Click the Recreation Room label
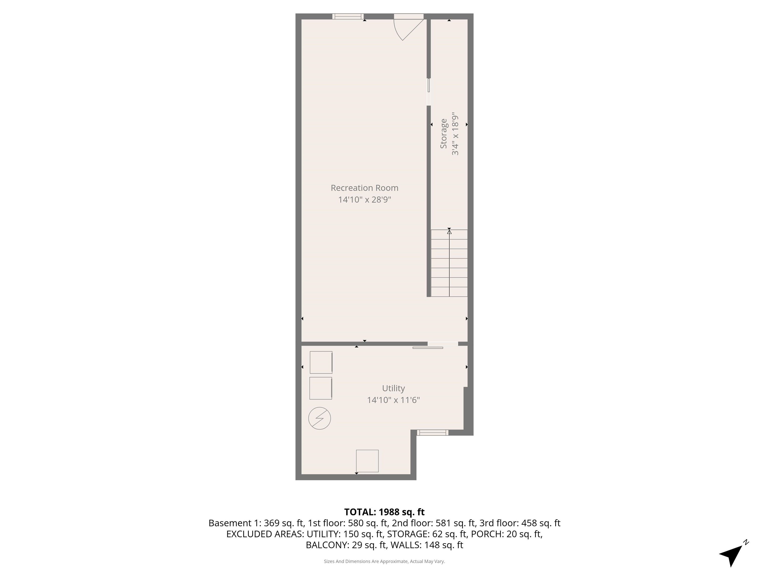(364, 188)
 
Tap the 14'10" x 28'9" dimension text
(364, 200)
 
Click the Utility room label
(393, 388)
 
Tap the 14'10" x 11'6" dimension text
(393, 400)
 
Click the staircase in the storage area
(449, 263)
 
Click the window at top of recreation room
(348, 16)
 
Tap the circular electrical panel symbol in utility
(319, 418)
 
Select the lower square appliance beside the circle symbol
(320, 388)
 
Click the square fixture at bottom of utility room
(367, 461)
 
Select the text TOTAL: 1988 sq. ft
(384, 512)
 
